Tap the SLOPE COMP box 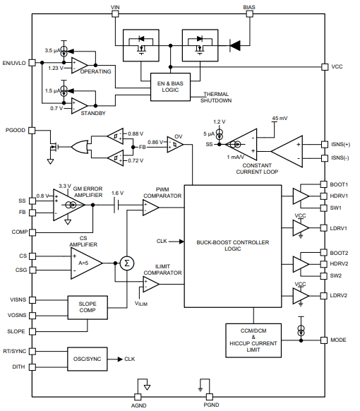[x=88, y=308]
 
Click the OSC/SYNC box [x=88, y=358]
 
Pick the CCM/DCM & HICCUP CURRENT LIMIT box [x=252, y=342]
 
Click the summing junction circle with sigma [x=127, y=263]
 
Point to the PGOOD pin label [x=16, y=131]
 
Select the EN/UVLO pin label [x=14, y=63]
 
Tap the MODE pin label [x=338, y=340]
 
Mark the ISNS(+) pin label [x=340, y=144]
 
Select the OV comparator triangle [x=176, y=144]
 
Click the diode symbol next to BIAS [x=235, y=46]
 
